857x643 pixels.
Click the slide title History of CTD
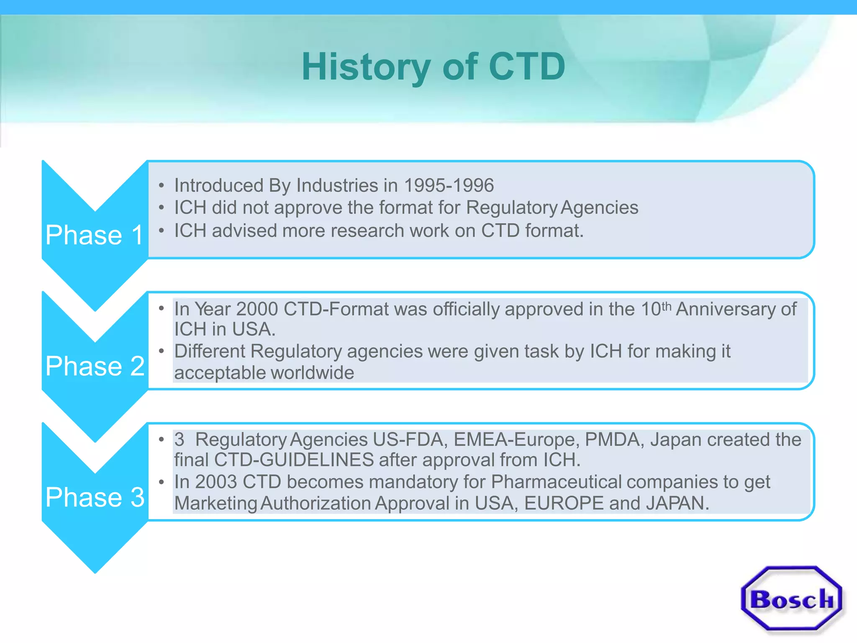pyautogui.click(x=433, y=67)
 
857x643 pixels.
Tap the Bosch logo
pyautogui.click(x=792, y=599)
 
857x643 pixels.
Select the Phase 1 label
pyautogui.click(x=95, y=235)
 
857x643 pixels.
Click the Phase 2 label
pyautogui.click(x=95, y=366)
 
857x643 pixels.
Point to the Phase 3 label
pyautogui.click(x=95, y=497)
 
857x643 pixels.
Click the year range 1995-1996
pyautogui.click(x=449, y=185)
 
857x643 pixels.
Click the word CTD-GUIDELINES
pyautogui.click(x=294, y=460)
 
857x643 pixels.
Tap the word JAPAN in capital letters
pyautogui.click(x=677, y=503)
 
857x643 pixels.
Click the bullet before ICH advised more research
pyautogui.click(x=162, y=231)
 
